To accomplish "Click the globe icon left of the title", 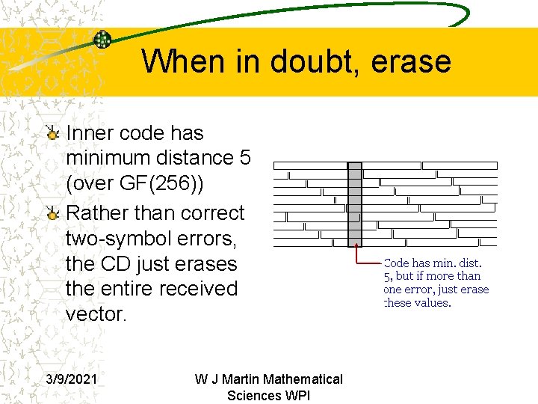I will point(102,40).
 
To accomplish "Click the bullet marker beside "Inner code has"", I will point(52,134).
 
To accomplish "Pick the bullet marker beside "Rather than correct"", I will point(52,214).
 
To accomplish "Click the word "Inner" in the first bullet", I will point(90,133).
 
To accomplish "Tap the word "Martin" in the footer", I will point(255,379).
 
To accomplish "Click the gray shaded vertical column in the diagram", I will point(355,203).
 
